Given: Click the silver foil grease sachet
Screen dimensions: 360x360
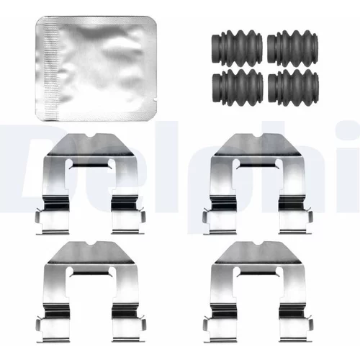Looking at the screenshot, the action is click(x=96, y=68).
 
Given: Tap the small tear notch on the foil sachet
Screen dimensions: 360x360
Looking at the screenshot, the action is click(x=155, y=99).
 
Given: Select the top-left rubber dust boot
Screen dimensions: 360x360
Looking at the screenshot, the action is click(x=237, y=48).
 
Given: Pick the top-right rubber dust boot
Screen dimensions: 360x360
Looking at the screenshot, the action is click(x=293, y=48).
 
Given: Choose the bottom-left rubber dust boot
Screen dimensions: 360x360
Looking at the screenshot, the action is click(x=238, y=87).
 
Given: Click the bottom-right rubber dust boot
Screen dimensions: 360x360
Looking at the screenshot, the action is click(x=293, y=87).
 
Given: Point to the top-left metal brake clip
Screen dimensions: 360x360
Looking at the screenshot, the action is click(x=91, y=184).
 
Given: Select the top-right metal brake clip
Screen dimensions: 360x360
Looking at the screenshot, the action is click(x=258, y=184).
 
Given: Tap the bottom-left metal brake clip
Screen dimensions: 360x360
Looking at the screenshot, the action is click(x=91, y=292).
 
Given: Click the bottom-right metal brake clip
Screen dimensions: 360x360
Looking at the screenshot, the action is click(x=258, y=292).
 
